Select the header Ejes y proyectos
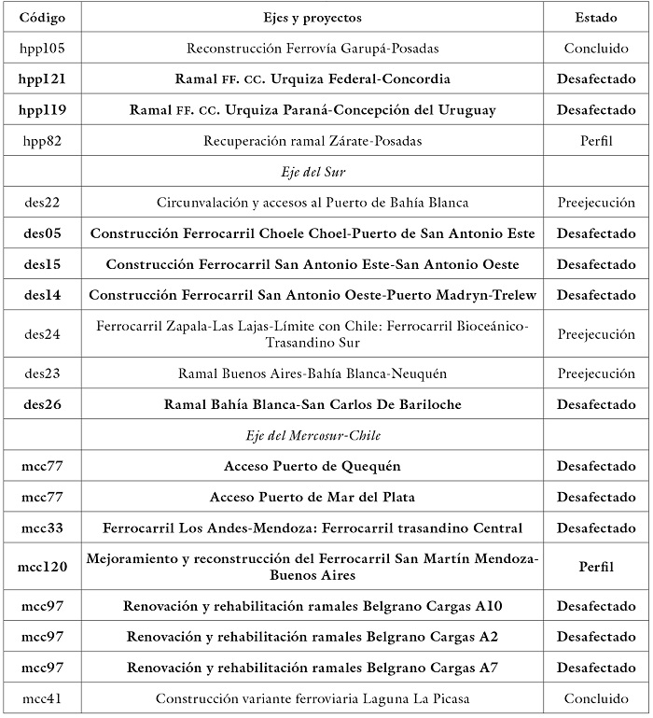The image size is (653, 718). pyautogui.click(x=313, y=17)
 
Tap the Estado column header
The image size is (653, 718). pyautogui.click(x=595, y=17)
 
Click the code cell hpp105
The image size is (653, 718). pyautogui.click(x=42, y=48)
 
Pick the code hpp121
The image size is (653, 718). pyautogui.click(x=42, y=78)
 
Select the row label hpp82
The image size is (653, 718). pyautogui.click(x=42, y=140)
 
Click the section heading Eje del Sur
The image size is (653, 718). pyautogui.click(x=313, y=172)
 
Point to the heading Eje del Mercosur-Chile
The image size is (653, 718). pyautogui.click(x=313, y=435)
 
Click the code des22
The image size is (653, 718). pyautogui.click(x=42, y=203)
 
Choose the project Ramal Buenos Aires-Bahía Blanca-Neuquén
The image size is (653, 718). pyautogui.click(x=313, y=373)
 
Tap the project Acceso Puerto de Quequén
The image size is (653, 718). pyautogui.click(x=313, y=466)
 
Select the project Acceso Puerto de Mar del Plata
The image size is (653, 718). pyautogui.click(x=313, y=497)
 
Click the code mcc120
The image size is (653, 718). pyautogui.click(x=42, y=566)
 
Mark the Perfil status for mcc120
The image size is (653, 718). pyautogui.click(x=595, y=566)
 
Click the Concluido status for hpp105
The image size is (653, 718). pyautogui.click(x=595, y=48)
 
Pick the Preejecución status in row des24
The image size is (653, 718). pyautogui.click(x=595, y=333)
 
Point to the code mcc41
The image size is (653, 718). pyautogui.click(x=42, y=698)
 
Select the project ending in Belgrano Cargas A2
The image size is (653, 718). pyautogui.click(x=313, y=637)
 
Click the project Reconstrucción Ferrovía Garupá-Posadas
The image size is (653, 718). pyautogui.click(x=313, y=48)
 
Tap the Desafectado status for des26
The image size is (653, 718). pyautogui.click(x=595, y=404)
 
